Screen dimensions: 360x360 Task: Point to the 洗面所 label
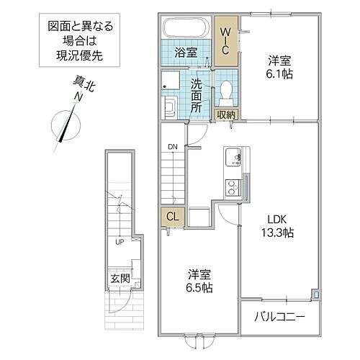click(x=197, y=94)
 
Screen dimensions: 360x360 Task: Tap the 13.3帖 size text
click(x=277, y=232)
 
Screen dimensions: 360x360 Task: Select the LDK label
click(x=276, y=218)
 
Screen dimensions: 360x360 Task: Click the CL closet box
click(x=172, y=215)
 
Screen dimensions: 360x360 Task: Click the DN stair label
click(x=172, y=147)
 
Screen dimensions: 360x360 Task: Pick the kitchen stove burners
click(x=234, y=188)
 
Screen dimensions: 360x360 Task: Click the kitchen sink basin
click(x=234, y=157)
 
